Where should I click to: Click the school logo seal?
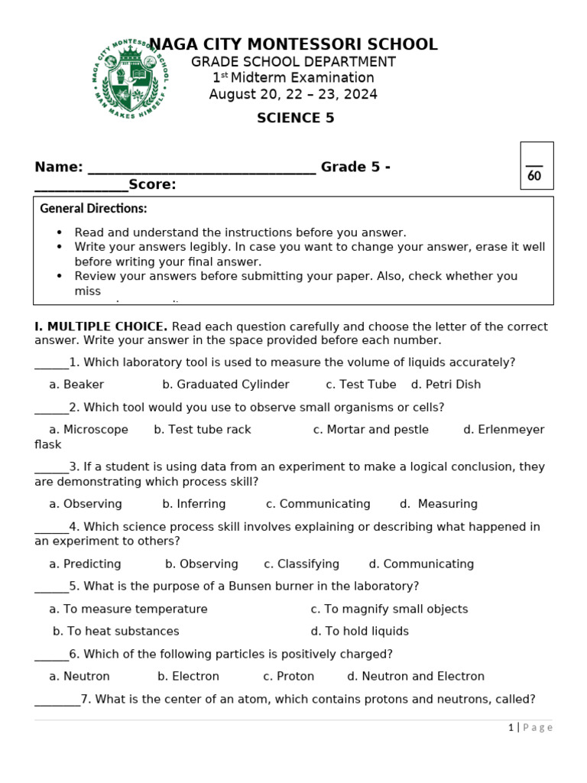[131, 79]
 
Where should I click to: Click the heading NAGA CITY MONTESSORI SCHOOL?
[293, 44]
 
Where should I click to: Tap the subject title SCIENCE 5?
[295, 118]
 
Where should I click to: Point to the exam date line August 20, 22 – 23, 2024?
[293, 95]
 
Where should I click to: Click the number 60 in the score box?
[534, 176]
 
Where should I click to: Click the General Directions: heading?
[93, 209]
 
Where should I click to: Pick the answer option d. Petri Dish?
[446, 385]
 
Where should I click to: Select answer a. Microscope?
[89, 430]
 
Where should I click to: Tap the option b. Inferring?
[194, 504]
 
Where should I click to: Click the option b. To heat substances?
[116, 632]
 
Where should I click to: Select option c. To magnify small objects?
[389, 609]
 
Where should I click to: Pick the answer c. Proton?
[288, 677]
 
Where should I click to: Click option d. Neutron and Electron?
[416, 677]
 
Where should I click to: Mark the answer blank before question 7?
[57, 700]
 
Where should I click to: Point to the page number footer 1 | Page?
[530, 728]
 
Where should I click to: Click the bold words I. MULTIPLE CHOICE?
[101, 327]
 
